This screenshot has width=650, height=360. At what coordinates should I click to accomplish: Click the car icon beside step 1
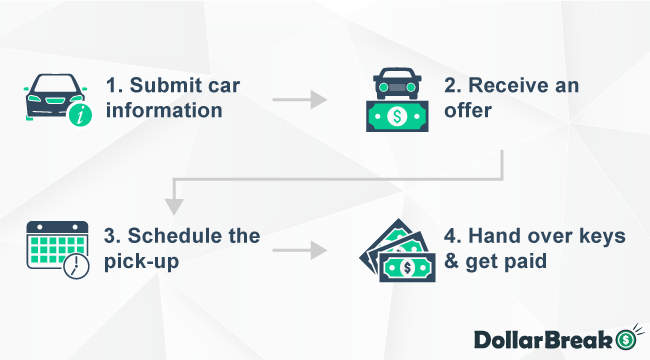[56, 97]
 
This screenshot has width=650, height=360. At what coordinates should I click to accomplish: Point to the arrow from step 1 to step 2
[299, 99]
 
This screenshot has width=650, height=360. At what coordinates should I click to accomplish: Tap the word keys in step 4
[596, 236]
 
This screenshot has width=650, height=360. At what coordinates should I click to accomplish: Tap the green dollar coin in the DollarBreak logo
[627, 338]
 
